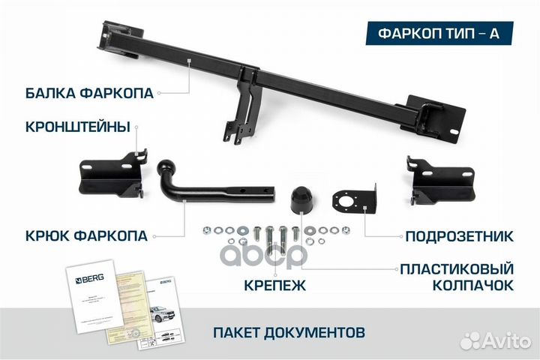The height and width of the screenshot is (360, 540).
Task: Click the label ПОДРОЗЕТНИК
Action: (x=459, y=237)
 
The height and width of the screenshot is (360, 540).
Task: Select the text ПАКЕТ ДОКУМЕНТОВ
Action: (x=289, y=331)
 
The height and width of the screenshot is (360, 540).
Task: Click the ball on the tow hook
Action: (x=166, y=167)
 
